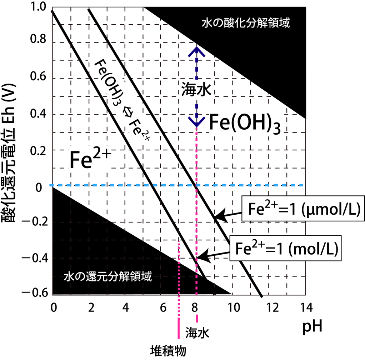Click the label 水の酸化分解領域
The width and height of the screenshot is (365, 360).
pos(245,24)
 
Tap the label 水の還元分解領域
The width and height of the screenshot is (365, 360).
pos(108,276)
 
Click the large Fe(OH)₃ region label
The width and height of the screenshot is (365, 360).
pos(245,124)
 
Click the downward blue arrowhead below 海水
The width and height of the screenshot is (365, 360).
pos(196,121)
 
